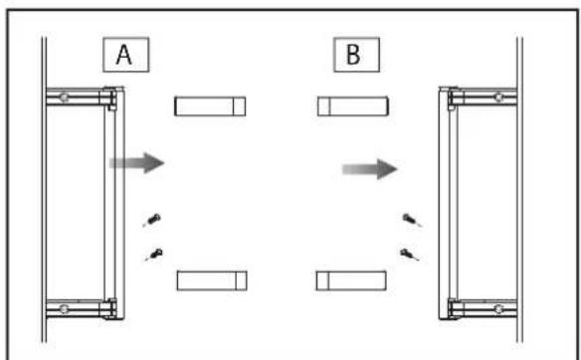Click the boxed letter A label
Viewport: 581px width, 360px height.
126,55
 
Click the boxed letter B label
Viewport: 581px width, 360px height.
356,55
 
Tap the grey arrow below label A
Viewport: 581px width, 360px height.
137,162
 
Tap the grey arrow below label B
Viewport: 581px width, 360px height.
370,169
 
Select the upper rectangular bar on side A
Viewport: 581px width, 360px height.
210,106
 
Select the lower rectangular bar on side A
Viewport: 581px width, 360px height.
212,280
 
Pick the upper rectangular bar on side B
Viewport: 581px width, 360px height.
353,106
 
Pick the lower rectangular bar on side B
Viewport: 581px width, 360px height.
351,280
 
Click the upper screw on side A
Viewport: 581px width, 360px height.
152,220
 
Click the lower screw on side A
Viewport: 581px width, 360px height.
154,255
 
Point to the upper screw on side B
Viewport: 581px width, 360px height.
412,220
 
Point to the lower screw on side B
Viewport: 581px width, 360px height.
410,255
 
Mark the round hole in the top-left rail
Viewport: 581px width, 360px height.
64,97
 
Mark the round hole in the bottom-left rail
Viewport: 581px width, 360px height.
64,308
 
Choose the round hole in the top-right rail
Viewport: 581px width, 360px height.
498,97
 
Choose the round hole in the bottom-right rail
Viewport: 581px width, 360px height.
498,308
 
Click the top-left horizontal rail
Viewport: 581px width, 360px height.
80,97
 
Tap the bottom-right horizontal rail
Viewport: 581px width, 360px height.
483,308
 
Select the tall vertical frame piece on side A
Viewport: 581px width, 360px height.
114,203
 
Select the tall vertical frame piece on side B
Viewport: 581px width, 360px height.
449,203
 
